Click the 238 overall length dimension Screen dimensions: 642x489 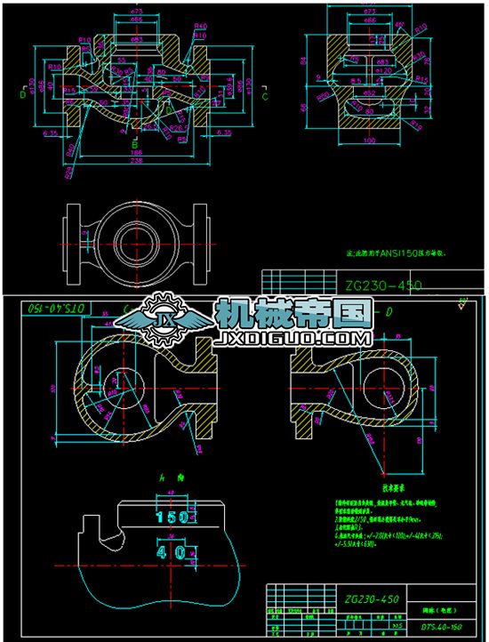click(136, 162)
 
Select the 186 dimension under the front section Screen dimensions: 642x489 click(136, 153)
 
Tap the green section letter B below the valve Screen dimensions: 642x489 click(135, 142)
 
